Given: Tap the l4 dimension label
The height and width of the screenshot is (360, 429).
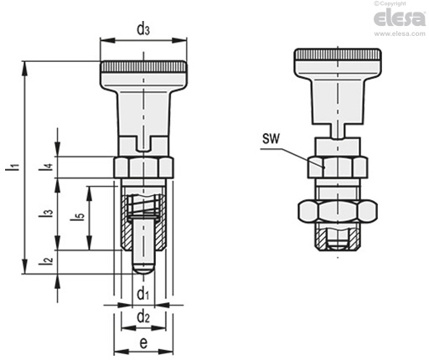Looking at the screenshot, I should pyautogui.click(x=49, y=167).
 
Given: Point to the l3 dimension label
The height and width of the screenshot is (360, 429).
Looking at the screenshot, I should pyautogui.click(x=48, y=213).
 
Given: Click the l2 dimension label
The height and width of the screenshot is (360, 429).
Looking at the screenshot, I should pyautogui.click(x=49, y=262).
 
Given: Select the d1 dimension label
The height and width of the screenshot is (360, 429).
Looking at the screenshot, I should pyautogui.click(x=143, y=294).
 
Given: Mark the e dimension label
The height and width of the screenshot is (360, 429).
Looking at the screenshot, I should pyautogui.click(x=143, y=343).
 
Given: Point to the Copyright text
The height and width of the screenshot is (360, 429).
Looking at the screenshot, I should pyautogui.click(x=405, y=3).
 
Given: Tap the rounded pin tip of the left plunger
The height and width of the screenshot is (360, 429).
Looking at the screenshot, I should pyautogui.click(x=144, y=269).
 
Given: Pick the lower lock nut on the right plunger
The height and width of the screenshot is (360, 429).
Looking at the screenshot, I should pyautogui.click(x=338, y=211).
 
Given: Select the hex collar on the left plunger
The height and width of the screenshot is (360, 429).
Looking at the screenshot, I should pyautogui.click(x=143, y=165).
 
